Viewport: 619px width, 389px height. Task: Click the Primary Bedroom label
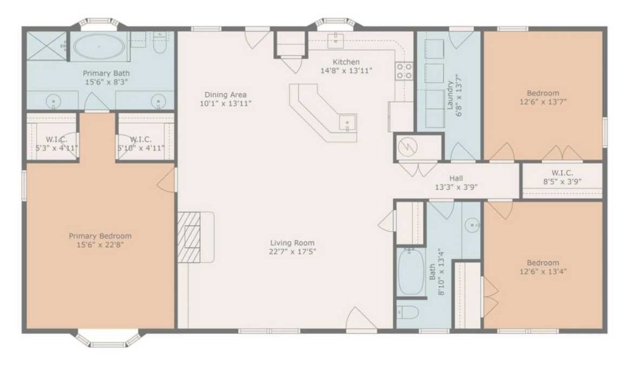click(x=100, y=236)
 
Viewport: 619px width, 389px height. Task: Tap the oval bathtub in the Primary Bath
click(x=99, y=45)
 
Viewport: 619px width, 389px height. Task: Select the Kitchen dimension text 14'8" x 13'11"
click(x=346, y=71)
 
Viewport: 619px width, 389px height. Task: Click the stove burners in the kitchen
click(x=404, y=71)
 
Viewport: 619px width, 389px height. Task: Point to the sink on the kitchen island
click(x=348, y=123)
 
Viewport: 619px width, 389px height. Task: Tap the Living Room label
click(x=293, y=243)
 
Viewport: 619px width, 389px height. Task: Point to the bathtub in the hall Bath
click(x=409, y=271)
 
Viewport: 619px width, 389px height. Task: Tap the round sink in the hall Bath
click(x=473, y=226)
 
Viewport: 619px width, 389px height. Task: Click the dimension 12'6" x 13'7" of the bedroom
click(x=542, y=102)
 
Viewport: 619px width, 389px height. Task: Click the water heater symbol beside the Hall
click(x=410, y=147)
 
